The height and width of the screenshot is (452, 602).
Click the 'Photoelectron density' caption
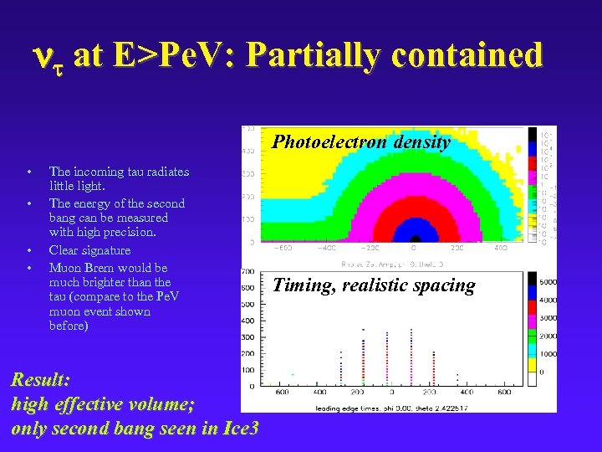click(x=361, y=142)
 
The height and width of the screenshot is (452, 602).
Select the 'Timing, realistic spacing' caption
click(x=374, y=285)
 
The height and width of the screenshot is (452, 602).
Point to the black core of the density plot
click(x=411, y=239)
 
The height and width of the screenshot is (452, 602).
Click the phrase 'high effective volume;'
click(x=103, y=404)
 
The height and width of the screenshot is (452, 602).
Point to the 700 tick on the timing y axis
click(x=247, y=272)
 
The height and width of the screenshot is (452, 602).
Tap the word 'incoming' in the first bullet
click(x=99, y=172)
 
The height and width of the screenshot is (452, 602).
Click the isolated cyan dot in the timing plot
click(x=292, y=374)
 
